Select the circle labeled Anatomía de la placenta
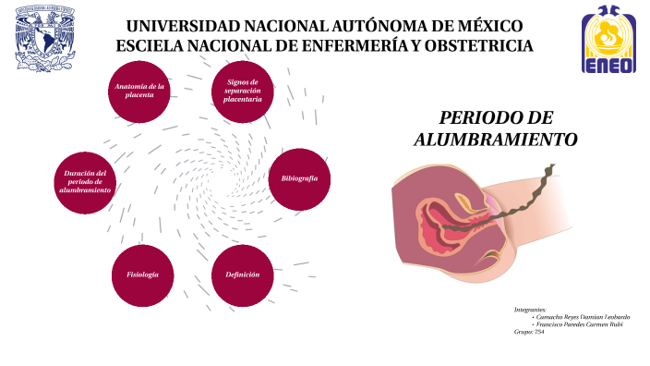[x=139, y=91]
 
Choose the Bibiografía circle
[x=299, y=177]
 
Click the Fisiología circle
[x=142, y=275]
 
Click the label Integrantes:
[x=530, y=309]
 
